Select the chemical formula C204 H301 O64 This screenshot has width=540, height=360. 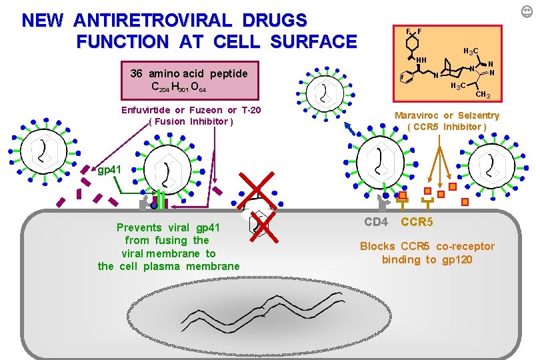pos(179,87)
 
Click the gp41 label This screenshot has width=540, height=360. pos(109,170)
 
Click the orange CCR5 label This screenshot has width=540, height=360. pos(417,221)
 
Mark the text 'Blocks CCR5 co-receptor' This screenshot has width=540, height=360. pos(427,247)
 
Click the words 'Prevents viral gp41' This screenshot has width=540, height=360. pos(168,227)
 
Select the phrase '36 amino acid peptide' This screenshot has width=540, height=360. pos(189,73)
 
